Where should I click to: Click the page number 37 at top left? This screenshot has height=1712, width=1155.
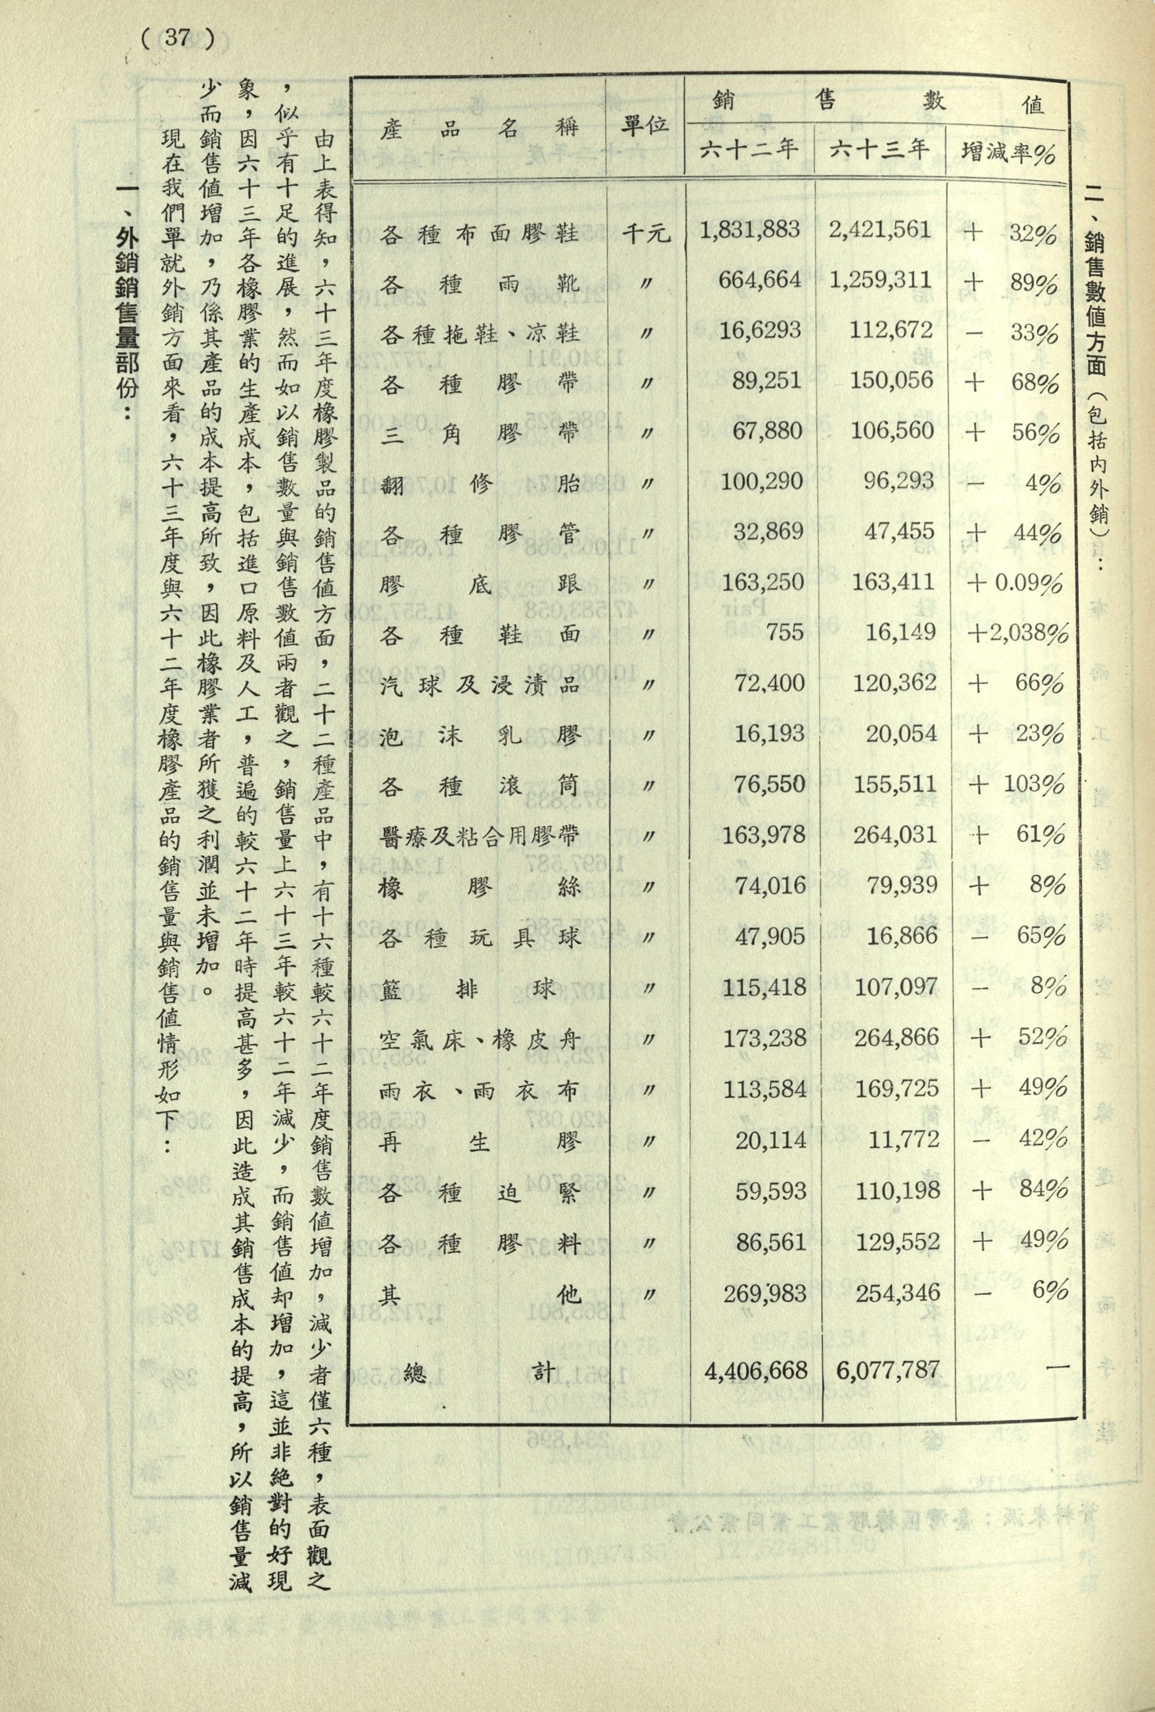point(177,38)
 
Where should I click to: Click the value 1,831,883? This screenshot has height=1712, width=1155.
point(750,230)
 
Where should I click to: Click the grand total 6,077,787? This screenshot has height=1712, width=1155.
point(887,1369)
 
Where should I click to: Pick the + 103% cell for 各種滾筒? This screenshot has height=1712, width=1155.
point(1017,784)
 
